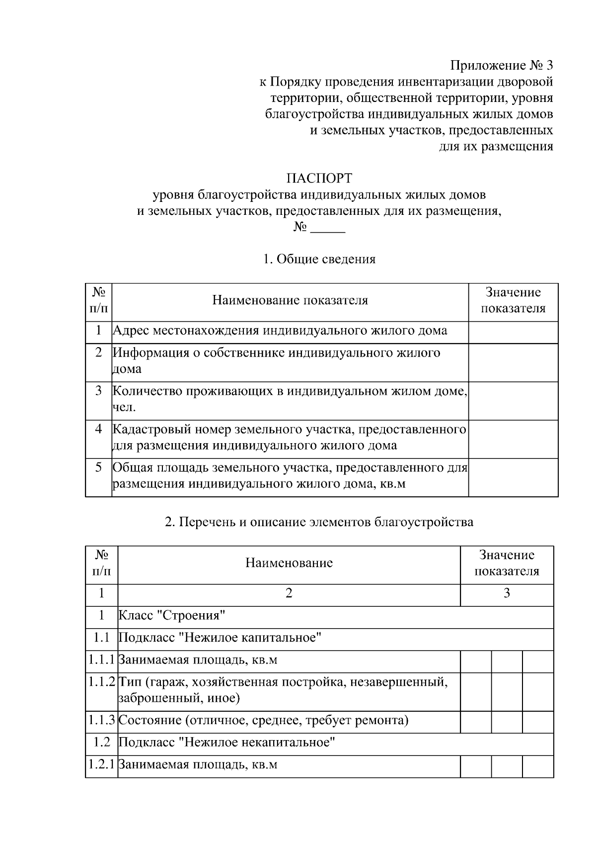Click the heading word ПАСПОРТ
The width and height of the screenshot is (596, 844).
[x=319, y=178]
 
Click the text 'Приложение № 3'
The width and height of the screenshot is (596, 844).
[x=501, y=66]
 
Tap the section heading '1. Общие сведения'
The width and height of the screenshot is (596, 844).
[x=319, y=259]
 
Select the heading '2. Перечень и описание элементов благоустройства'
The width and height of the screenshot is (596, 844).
[x=319, y=522]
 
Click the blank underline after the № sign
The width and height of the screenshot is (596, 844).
[x=328, y=228]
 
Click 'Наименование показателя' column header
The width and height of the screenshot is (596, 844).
[x=290, y=300]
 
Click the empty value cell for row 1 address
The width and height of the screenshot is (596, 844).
[x=513, y=332]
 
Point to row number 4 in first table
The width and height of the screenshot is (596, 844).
[x=98, y=429]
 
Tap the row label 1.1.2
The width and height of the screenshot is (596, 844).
[x=101, y=681]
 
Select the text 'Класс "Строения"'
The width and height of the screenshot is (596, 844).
[x=172, y=616]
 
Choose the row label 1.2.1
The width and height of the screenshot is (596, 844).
[x=101, y=764]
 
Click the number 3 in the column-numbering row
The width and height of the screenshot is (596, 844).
[x=507, y=593]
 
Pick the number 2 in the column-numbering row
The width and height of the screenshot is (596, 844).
[x=289, y=593]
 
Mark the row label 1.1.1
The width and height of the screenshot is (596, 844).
[x=101, y=660]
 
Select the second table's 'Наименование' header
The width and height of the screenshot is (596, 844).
[x=289, y=563]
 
